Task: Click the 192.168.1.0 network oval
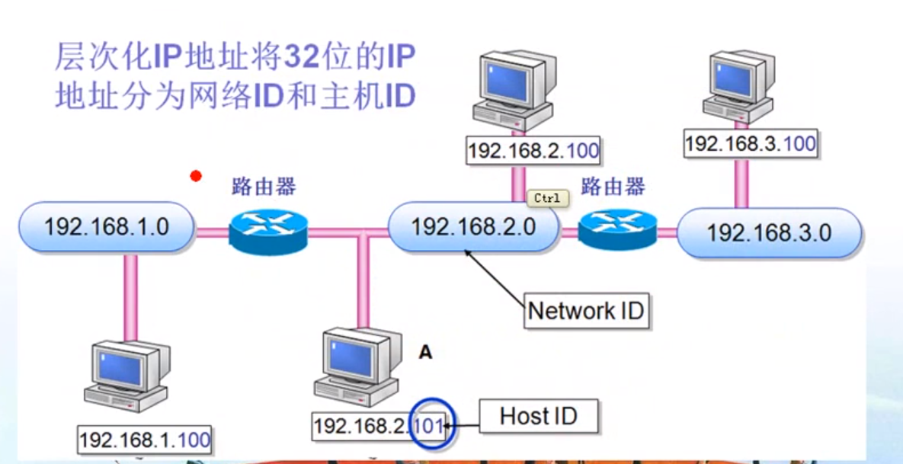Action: (x=106, y=227)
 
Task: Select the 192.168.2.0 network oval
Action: (x=473, y=227)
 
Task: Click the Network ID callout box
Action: (x=586, y=311)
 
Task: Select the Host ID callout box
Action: (x=538, y=416)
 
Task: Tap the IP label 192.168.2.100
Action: (x=533, y=150)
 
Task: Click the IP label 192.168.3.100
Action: (x=750, y=143)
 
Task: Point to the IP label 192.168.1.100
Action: (x=145, y=440)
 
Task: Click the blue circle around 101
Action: (x=431, y=425)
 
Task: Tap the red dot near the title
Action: (x=196, y=177)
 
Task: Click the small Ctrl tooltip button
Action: (x=547, y=198)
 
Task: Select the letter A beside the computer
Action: (x=425, y=352)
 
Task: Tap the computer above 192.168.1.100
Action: (x=126, y=377)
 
